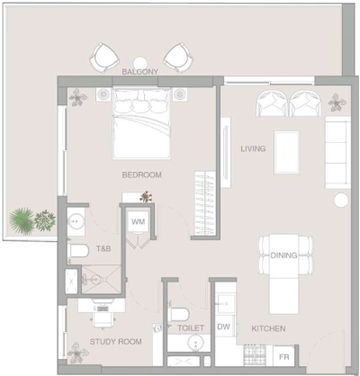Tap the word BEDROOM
142,175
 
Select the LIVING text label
253,148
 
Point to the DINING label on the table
283,255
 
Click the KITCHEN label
269,329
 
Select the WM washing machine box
138,220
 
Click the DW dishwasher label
224,328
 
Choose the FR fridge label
283,358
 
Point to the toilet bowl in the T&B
77,251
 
